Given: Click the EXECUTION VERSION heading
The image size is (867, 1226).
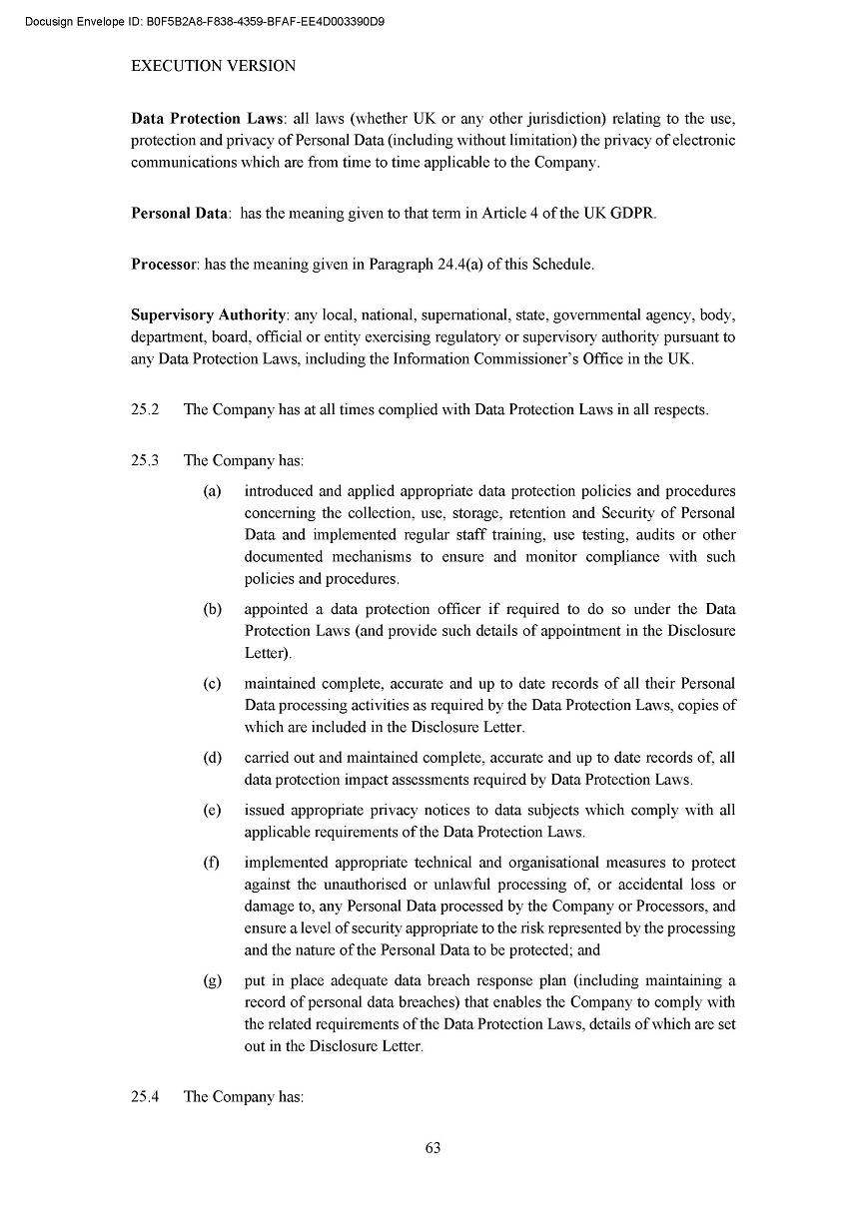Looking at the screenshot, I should click(x=213, y=66).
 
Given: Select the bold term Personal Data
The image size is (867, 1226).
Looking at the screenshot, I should click(x=180, y=214).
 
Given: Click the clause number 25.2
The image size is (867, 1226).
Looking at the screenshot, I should click(x=145, y=409).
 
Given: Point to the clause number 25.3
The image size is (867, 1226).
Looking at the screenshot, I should click(x=145, y=461).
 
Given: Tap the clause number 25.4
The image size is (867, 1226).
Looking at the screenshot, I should click(x=145, y=1097).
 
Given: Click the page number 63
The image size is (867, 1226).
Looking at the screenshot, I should click(x=433, y=1148).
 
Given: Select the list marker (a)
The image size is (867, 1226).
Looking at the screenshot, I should click(x=212, y=491).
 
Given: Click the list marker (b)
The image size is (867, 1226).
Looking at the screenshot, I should click(x=212, y=609).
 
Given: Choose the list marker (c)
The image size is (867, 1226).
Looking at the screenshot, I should click(x=212, y=684).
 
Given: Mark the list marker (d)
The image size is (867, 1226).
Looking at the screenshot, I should click(x=212, y=758).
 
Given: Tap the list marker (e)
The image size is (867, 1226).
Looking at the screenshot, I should click(x=212, y=811).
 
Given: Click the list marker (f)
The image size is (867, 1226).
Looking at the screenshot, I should click(x=211, y=863).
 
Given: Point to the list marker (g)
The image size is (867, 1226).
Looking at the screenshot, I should click(x=212, y=981).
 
